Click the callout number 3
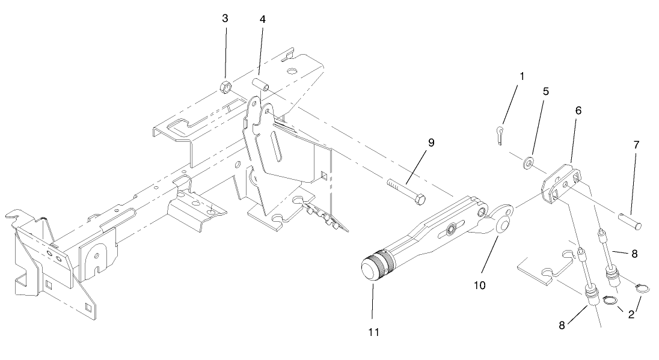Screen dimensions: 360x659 pyautogui.click(x=225, y=19)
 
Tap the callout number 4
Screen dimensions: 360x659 pyautogui.click(x=263, y=19)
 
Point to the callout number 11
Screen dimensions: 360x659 pyautogui.click(x=372, y=331)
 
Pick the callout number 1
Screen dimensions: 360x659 pyautogui.click(x=521, y=76)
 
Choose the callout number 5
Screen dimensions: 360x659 pyautogui.click(x=546, y=92)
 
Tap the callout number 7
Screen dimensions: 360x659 pyautogui.click(x=636, y=145)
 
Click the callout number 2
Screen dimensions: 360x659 pyautogui.click(x=631, y=314)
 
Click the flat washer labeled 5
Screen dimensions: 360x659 pyautogui.click(x=530, y=162)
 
